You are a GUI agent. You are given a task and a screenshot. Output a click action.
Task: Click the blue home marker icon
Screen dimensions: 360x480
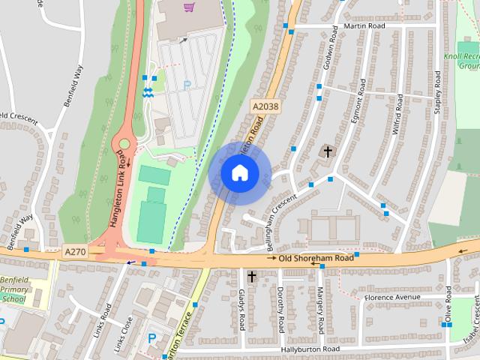(x=239, y=173)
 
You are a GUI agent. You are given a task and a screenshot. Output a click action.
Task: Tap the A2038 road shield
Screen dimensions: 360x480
(x=265, y=106)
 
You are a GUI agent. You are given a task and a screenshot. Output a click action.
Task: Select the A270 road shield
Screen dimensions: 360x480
(x=75, y=252)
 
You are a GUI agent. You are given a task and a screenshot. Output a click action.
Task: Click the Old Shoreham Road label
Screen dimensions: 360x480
(x=315, y=258)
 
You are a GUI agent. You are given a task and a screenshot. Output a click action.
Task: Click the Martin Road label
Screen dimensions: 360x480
(x=364, y=25)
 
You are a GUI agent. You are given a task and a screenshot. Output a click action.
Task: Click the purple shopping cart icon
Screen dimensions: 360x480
(x=188, y=8)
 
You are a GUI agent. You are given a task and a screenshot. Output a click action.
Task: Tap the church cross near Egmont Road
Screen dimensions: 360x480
(x=326, y=151)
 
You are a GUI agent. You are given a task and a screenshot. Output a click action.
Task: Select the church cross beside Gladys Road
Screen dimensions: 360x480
(x=251, y=277)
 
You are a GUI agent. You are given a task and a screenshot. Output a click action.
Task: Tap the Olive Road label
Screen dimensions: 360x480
(x=448, y=304)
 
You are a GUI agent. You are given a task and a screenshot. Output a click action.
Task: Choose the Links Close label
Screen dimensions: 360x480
(x=122, y=334)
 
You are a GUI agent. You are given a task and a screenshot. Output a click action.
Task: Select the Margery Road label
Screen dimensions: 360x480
(x=319, y=309)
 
